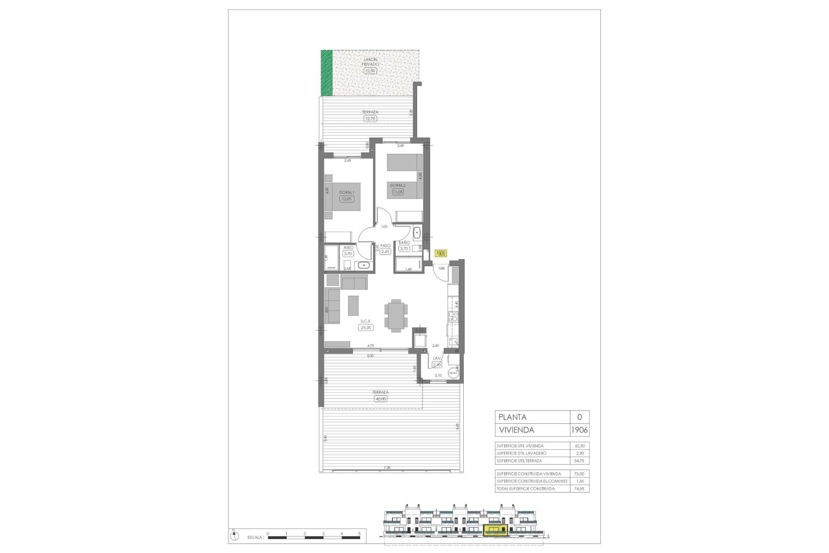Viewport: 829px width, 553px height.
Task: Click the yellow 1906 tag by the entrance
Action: click(441, 254)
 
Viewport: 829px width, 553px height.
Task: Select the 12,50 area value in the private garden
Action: click(370, 71)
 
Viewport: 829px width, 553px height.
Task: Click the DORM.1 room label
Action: click(346, 193)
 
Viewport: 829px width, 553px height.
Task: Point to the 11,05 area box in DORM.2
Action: click(397, 192)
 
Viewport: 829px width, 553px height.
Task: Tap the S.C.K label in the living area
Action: click(365, 321)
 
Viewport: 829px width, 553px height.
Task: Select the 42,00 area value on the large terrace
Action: click(380, 399)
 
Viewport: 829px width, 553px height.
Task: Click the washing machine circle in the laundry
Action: click(453, 373)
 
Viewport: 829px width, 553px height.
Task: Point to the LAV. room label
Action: click(437, 358)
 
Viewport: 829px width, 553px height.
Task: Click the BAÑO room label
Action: click(404, 243)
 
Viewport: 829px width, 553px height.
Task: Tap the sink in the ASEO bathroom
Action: click(364, 265)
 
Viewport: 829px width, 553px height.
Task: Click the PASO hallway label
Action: click(385, 245)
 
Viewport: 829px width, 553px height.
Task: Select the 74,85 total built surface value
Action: click(579, 489)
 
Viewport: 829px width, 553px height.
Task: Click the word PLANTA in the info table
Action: click(513, 417)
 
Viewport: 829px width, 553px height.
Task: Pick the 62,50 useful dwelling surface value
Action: click(579, 445)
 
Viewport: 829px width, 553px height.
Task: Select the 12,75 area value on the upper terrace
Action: click(370, 118)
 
